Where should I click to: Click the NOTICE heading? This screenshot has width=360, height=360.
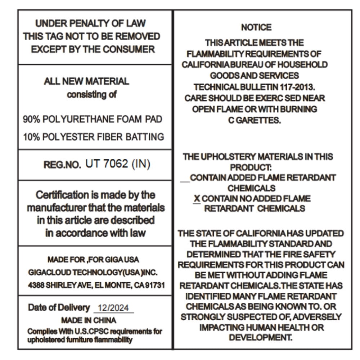[256, 27]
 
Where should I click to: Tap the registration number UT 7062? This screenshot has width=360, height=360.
[107, 164]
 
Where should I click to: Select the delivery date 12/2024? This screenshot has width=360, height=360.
[113, 308]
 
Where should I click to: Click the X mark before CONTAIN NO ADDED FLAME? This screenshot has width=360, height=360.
[197, 199]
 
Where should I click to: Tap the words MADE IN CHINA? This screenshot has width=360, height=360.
[89, 320]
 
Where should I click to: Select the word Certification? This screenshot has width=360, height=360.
[62, 195]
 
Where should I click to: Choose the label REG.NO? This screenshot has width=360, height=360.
[62, 165]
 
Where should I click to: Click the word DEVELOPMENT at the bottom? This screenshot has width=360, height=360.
[261, 338]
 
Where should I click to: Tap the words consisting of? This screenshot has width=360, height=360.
[92, 95]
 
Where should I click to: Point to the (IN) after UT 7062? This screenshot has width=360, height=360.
[141, 164]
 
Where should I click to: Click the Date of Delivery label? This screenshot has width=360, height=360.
[59, 308]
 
